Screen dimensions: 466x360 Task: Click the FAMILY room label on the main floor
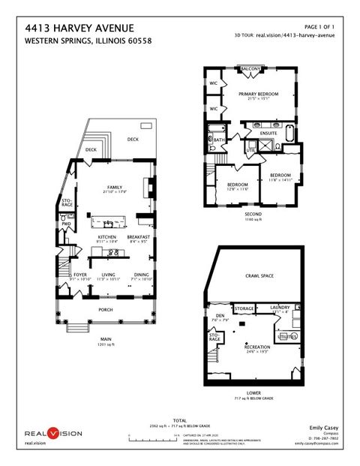[114, 188]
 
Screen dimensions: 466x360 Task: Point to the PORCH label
[106, 308]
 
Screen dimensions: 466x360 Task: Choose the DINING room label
[141, 275]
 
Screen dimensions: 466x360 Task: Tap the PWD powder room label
[66, 224]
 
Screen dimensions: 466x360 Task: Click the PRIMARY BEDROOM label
[258, 94]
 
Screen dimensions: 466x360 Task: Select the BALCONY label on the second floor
[250, 69]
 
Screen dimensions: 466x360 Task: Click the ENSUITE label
[268, 134]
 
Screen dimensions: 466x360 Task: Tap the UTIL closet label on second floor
[250, 150]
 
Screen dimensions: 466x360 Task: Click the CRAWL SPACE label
[259, 276]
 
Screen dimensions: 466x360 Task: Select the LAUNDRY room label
[289, 306]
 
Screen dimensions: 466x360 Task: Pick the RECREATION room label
[257, 347]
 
